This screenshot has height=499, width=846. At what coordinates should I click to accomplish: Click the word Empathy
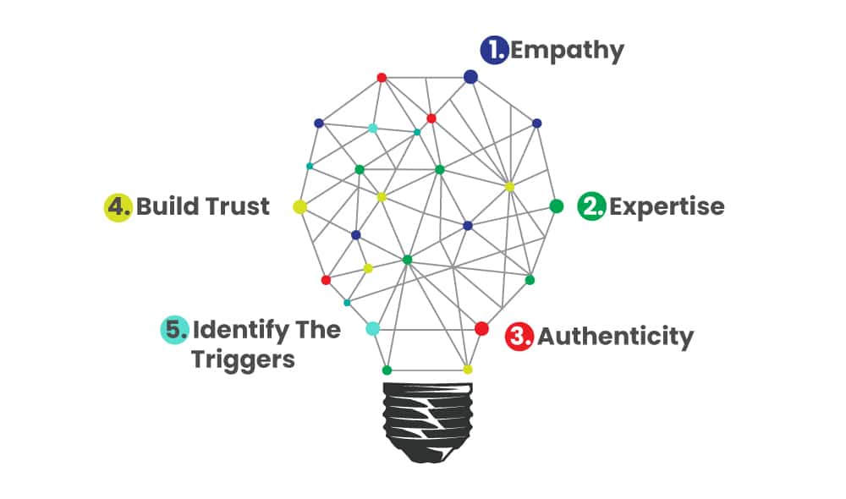[x=567, y=51]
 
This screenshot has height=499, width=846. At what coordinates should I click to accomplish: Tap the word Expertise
[x=667, y=206]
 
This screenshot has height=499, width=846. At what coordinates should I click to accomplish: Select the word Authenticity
[x=615, y=337]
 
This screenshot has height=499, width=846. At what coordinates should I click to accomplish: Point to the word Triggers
[x=243, y=359]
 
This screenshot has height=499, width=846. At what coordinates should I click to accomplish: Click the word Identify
[x=240, y=329]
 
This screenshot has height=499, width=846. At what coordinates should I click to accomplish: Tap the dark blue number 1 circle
[x=493, y=51]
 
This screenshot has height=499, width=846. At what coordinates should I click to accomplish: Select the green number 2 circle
[x=591, y=206]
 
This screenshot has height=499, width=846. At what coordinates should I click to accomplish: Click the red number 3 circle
[x=519, y=337]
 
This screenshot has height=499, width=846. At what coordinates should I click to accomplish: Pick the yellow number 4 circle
[x=118, y=207]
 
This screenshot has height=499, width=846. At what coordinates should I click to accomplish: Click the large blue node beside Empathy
[x=471, y=77]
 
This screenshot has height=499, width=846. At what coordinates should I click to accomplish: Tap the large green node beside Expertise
[x=556, y=206]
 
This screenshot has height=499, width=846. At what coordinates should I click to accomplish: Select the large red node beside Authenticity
[x=481, y=328]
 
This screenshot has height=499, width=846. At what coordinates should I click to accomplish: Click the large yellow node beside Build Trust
[x=299, y=206]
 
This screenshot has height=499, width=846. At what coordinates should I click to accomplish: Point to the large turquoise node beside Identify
[x=372, y=328]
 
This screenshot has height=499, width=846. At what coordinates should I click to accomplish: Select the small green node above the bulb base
[x=387, y=370]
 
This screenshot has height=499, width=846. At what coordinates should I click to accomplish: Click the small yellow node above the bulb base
[x=467, y=370]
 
